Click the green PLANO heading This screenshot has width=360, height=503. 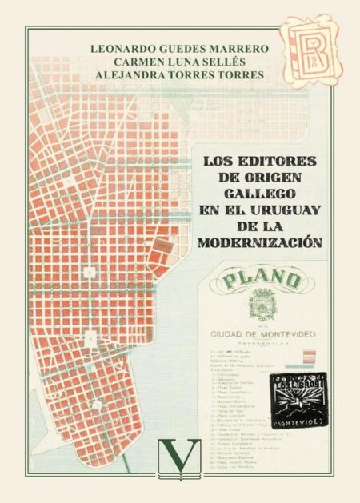262,281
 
